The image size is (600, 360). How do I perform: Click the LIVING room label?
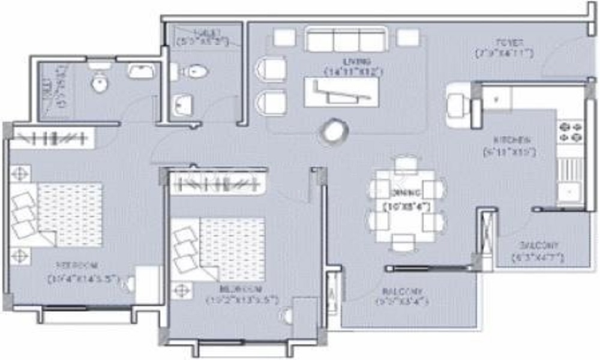pyautogui.click(x=356, y=61)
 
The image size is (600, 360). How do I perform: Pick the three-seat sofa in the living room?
pyautogui.click(x=345, y=40)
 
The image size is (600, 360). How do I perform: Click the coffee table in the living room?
pyautogui.click(x=341, y=92)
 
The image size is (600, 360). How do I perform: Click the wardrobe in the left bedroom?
pyautogui.click(x=52, y=139)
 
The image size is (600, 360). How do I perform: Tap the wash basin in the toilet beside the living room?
pyautogui.click(x=181, y=107)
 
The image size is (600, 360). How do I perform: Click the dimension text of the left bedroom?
pyautogui.click(x=83, y=279)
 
